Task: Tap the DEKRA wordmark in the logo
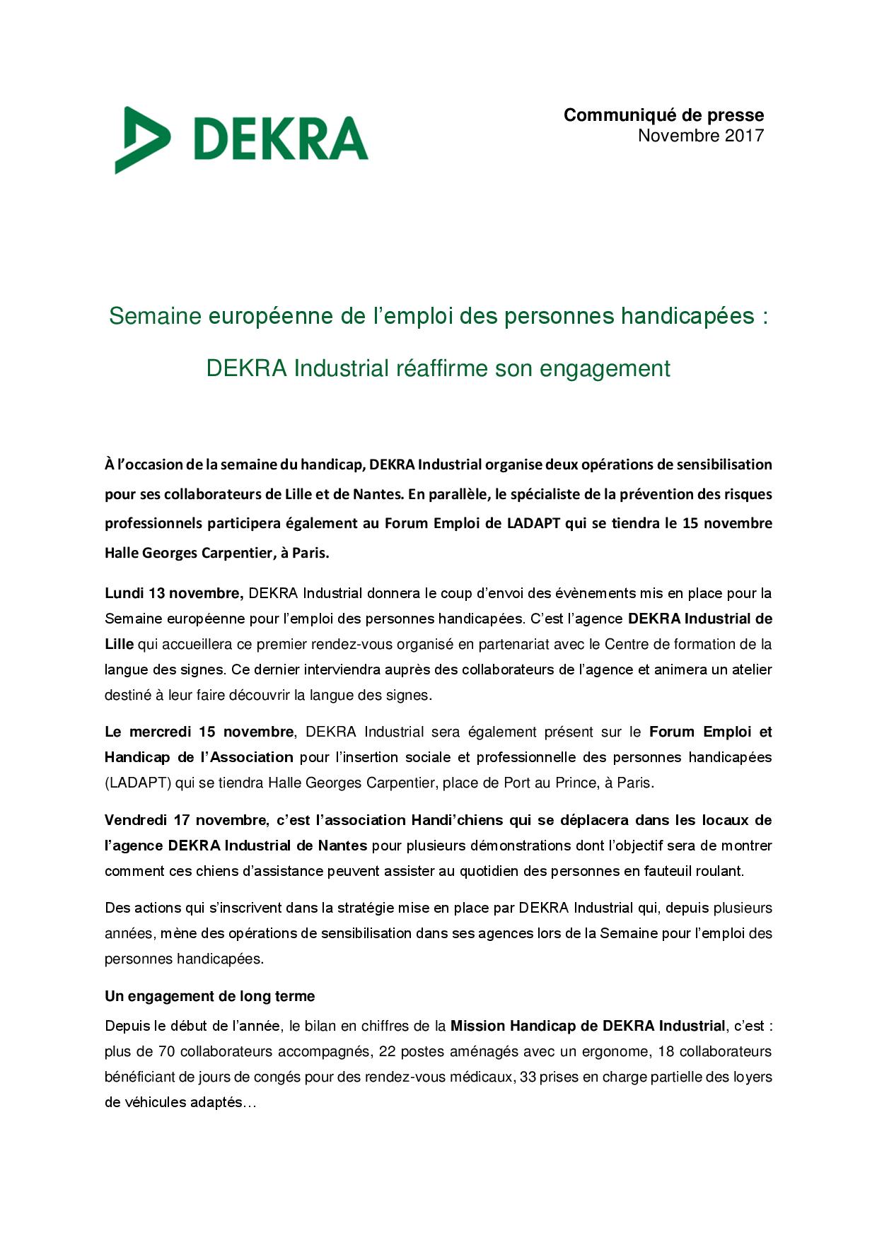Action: (x=280, y=139)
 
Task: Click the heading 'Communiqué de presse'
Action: (x=663, y=115)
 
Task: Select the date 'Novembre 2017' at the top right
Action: (x=700, y=136)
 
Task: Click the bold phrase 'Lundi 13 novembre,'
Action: (x=174, y=593)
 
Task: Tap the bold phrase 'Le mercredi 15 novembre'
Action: (x=199, y=732)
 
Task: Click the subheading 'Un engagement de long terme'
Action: (x=209, y=996)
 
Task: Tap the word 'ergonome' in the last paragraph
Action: (x=620, y=1051)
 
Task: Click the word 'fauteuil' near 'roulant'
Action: (x=669, y=871)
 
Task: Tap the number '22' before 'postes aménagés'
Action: (x=387, y=1051)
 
